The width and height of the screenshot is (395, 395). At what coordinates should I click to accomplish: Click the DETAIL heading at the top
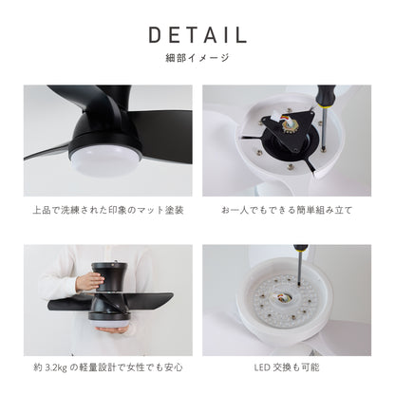[197, 35]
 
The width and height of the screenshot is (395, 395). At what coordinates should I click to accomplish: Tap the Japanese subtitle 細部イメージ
[197, 58]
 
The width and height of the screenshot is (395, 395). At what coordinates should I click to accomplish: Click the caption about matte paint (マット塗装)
[108, 210]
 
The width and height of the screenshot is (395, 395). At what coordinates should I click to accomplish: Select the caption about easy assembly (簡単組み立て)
[287, 210]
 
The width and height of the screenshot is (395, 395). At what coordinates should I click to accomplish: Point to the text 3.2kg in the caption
[56, 367]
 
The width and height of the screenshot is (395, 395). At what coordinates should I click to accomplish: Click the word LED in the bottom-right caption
[262, 367]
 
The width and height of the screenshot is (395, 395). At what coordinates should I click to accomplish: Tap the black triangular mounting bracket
[287, 130]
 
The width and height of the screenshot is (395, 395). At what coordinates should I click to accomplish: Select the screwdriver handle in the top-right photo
[325, 96]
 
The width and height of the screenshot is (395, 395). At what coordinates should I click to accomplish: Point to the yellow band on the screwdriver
[324, 107]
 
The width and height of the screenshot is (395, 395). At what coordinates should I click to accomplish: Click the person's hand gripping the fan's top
[90, 281]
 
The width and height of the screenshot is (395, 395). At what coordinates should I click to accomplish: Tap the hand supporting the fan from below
[112, 329]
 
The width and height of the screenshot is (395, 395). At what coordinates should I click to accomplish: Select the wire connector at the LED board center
[283, 297]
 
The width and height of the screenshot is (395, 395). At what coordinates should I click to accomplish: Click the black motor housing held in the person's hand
[109, 277]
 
